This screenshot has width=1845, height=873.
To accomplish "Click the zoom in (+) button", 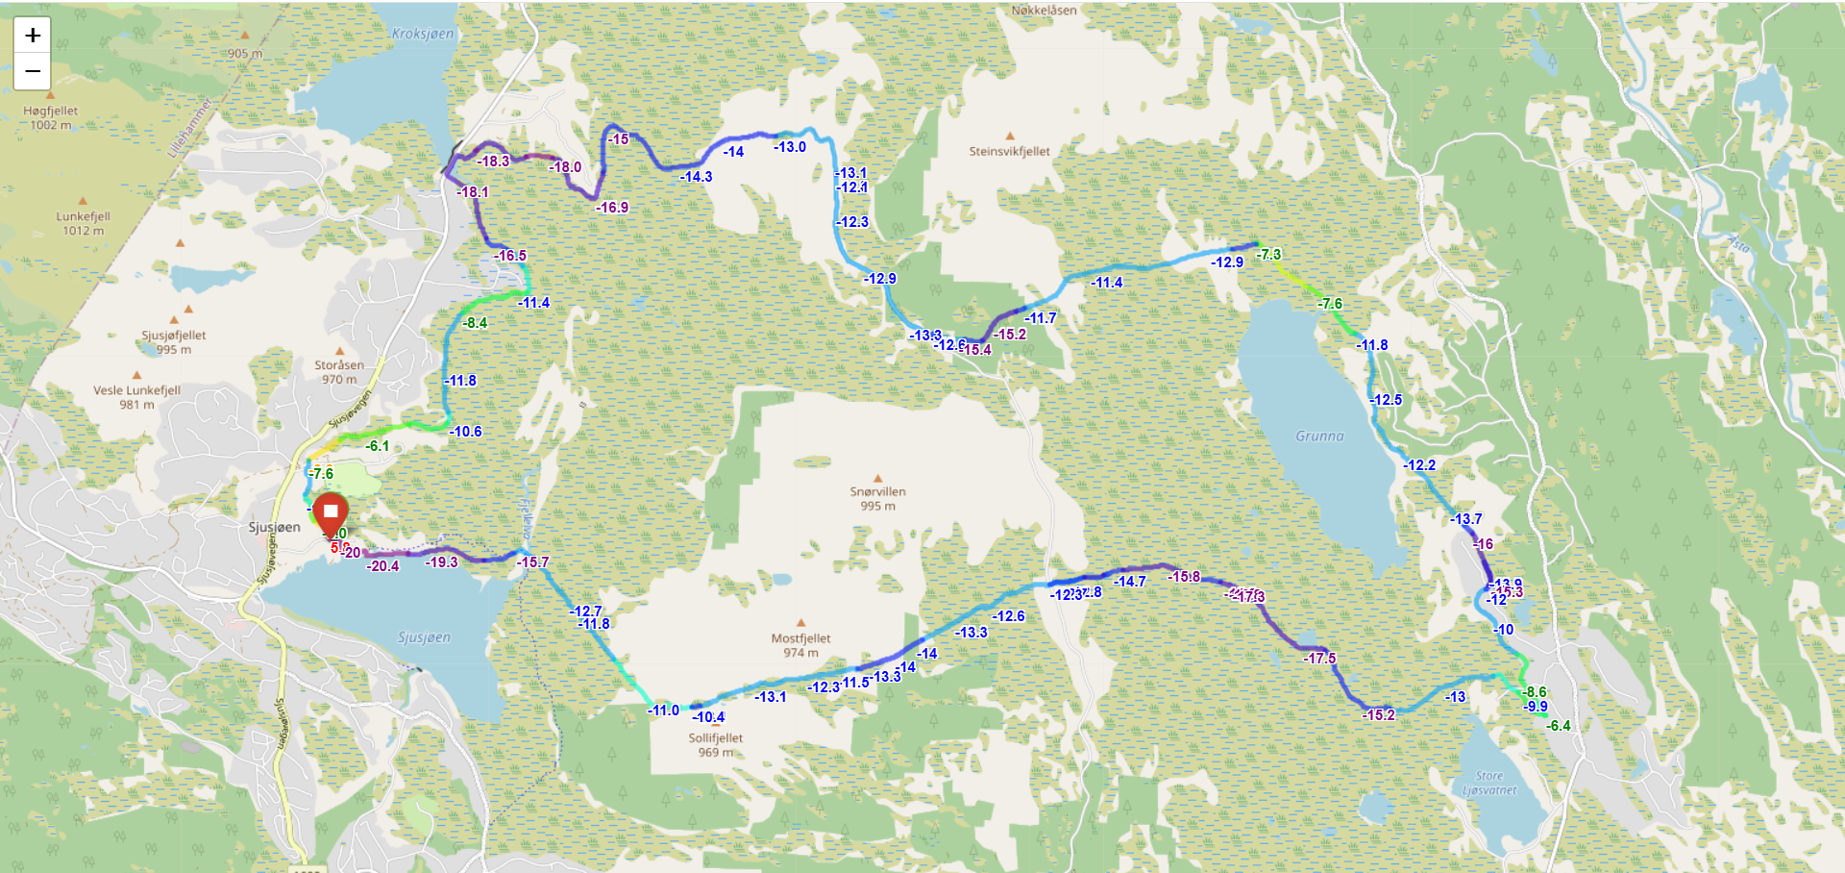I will click(x=32, y=36).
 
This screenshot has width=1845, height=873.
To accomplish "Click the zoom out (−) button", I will click(x=32, y=71).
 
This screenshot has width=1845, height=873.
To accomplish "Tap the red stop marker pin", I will click(x=331, y=512).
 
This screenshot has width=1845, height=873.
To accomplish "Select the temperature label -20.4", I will click(x=382, y=566).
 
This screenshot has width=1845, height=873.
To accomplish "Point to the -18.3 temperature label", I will click(x=493, y=162).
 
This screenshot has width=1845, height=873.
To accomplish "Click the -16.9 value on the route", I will click(x=611, y=208).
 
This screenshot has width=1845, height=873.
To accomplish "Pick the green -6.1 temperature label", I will click(x=378, y=446).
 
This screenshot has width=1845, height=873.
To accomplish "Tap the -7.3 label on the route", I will click(x=1268, y=255).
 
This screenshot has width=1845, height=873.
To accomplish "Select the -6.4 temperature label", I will click(x=1559, y=726).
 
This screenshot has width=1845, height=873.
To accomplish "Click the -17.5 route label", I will click(x=1319, y=659).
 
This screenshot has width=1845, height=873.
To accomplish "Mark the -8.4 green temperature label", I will click(x=475, y=323).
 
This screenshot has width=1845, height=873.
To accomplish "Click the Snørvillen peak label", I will click(x=877, y=491).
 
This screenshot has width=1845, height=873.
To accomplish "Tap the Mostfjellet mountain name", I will click(x=800, y=638).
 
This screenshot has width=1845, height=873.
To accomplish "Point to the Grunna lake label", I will click(x=1319, y=436).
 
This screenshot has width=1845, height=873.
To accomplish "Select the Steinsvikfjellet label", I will click(x=1009, y=152).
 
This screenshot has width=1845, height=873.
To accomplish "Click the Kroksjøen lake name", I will click(x=423, y=34).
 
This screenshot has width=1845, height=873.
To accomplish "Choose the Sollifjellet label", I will click(x=715, y=738).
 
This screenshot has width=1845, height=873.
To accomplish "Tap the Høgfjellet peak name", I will click(x=51, y=112).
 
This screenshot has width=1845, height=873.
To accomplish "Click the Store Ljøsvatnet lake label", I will click(x=1489, y=783).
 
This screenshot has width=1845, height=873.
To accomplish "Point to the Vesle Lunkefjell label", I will click(x=136, y=390).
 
